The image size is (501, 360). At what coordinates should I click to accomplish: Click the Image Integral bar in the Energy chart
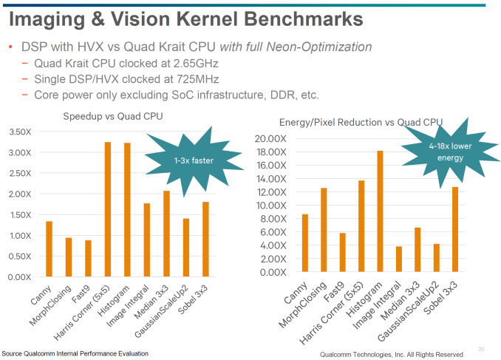[x=398, y=259]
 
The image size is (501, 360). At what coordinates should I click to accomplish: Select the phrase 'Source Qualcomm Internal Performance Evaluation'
[x=75, y=353]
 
